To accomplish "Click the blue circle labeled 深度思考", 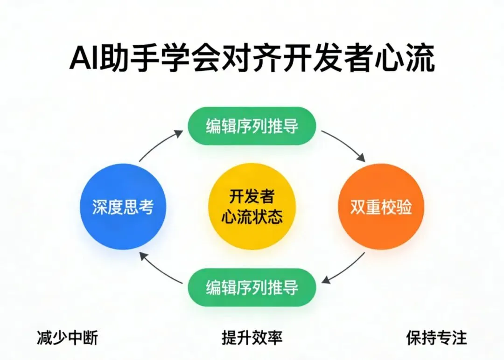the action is click(123, 207).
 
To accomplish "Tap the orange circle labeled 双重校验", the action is click(381, 207).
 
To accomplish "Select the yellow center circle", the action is click(252, 207).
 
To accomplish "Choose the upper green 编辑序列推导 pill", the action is click(252, 126).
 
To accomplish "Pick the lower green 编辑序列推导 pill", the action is click(252, 287).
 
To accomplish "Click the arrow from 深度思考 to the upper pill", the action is click(160, 145).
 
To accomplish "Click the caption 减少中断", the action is click(68, 338).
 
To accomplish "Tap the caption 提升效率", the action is click(252, 338).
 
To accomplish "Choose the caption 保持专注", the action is click(436, 338).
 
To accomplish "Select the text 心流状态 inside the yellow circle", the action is click(252, 217).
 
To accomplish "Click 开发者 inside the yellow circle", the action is click(252, 196).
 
